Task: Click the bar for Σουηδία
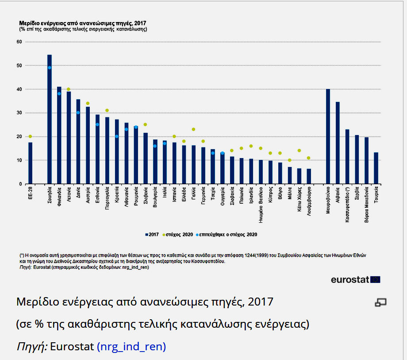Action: (50, 120)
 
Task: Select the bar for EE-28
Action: (30, 163)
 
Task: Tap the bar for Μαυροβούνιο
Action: (328, 136)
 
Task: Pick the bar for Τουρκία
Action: (376, 168)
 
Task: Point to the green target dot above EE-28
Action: (30, 136)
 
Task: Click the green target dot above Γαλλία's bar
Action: (193, 129)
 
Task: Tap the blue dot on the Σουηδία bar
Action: (50, 68)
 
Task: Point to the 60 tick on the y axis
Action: (19, 42)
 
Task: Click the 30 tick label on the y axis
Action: (19, 113)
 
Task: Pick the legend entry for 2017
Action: (152, 234)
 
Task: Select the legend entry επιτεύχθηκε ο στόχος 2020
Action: (227, 234)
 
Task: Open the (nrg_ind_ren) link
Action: (131, 347)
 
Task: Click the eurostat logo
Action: (355, 279)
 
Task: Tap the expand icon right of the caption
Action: (380, 302)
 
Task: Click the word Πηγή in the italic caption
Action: (31, 347)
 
